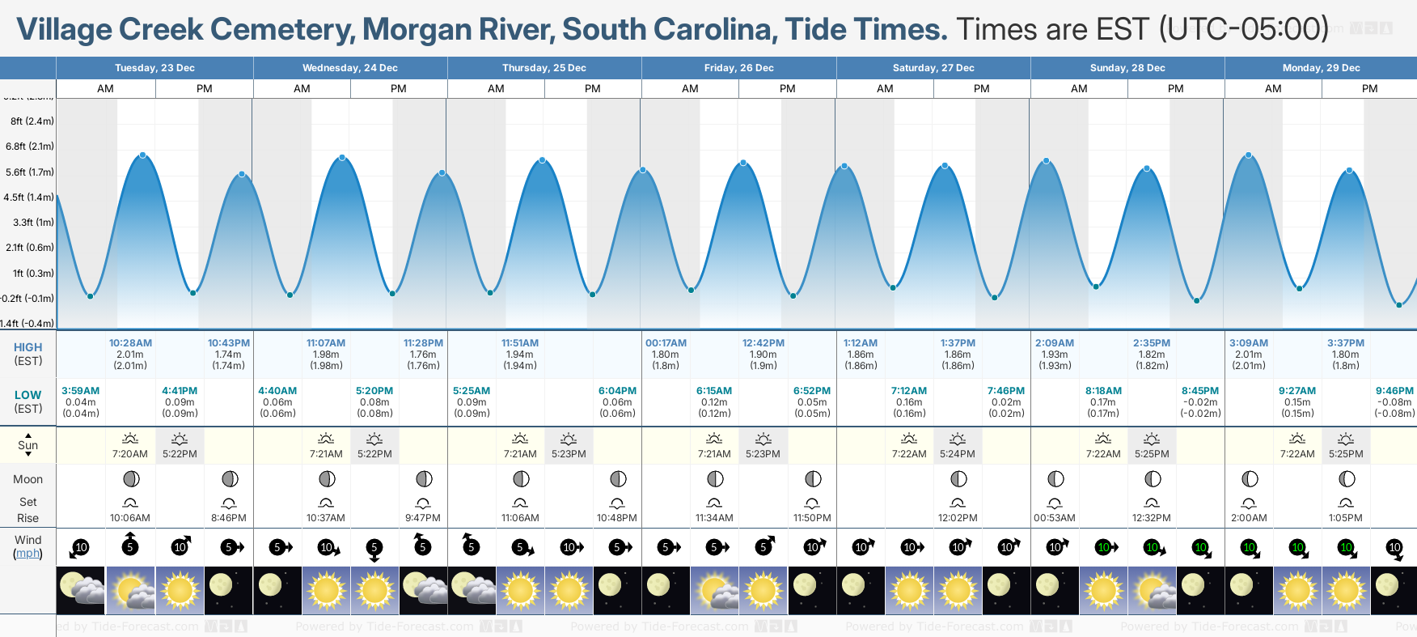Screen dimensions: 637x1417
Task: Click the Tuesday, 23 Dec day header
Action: pos(154,68)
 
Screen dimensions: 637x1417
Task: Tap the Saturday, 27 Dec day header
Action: pos(933,68)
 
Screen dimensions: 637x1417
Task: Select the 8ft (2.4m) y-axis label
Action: pos(32,121)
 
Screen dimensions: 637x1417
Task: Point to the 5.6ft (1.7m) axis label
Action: pos(30,172)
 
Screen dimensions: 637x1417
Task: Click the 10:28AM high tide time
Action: pos(130,343)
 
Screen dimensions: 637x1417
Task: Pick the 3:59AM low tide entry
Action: pos(81,391)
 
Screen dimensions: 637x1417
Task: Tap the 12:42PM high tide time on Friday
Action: pos(763,343)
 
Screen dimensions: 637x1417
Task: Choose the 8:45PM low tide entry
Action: pos(1200,391)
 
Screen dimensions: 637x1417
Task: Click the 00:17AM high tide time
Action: pos(666,343)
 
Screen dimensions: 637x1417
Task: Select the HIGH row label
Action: pos(28,347)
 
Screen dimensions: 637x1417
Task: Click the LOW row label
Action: pos(28,395)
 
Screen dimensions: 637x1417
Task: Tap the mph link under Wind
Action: pos(28,554)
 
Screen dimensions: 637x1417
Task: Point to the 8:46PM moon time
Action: pos(229,518)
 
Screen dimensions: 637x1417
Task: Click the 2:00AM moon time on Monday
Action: pos(1249,518)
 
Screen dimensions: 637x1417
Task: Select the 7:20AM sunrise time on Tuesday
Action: pos(130,454)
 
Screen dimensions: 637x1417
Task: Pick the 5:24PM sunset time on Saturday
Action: pos(958,454)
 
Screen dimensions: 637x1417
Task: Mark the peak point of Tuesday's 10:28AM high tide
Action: pos(143,155)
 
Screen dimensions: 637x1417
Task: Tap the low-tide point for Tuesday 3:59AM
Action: pos(90,296)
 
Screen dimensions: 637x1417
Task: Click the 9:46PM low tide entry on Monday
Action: pos(1394,391)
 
